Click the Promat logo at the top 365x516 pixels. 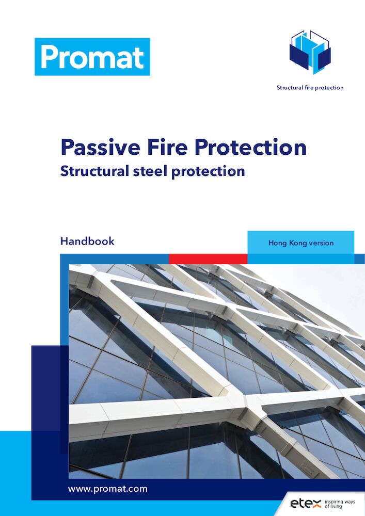pos(92,57)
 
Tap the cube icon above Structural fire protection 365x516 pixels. pos(310,52)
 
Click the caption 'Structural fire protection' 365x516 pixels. pos(310,88)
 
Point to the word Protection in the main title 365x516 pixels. pos(251,147)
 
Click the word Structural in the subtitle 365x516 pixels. pos(94,171)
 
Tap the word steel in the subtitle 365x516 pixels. pos(150,171)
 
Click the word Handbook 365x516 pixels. pos(87,241)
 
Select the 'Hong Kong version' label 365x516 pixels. pos(301,243)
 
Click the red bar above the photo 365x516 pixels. pos(208,259)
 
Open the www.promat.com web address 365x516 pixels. pos(107,489)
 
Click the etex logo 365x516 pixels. pos(306,503)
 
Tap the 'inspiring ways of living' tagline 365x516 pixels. pos(340,504)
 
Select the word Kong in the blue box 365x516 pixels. pos(297,243)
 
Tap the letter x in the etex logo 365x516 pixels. pos(316,504)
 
